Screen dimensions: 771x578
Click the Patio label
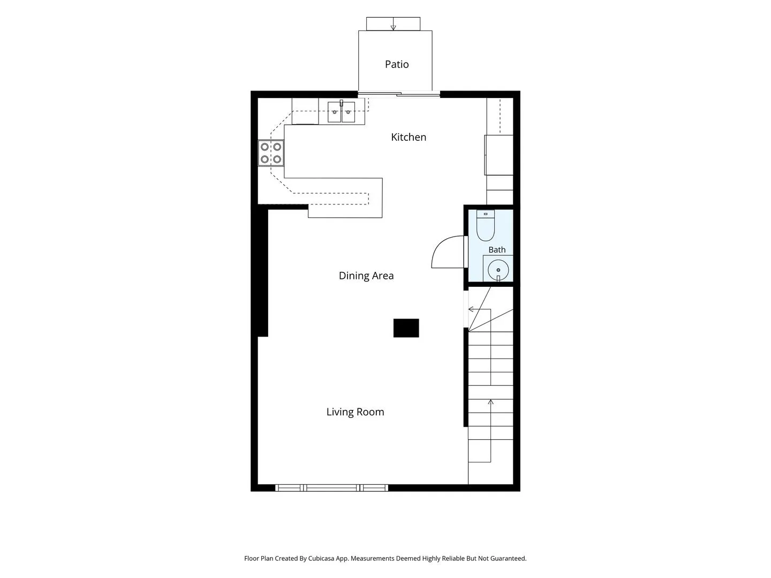[397, 64]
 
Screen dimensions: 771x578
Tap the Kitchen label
[409, 137]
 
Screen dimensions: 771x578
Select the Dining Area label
[366, 276]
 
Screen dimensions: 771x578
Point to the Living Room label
[355, 412]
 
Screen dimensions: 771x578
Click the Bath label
[497, 250]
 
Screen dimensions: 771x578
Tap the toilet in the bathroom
[486, 225]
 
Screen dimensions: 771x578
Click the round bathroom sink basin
[498, 270]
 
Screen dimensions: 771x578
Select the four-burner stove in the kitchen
[271, 153]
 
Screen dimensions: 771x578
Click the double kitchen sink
[341, 112]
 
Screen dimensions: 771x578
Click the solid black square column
[406, 328]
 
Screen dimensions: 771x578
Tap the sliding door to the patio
[399, 94]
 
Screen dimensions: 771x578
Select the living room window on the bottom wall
[331, 488]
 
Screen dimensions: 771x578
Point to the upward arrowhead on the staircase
[490, 402]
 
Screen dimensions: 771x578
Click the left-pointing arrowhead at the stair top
[471, 309]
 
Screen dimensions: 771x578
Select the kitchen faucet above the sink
[342, 103]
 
